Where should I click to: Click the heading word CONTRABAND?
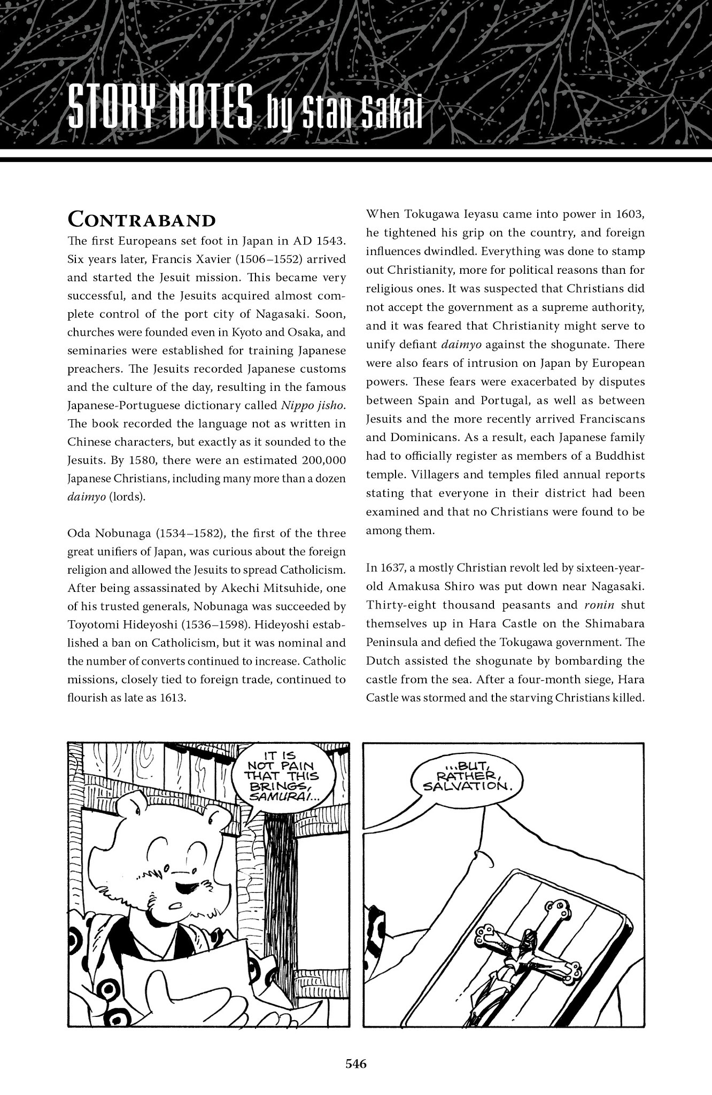142,220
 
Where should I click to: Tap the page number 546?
355,1064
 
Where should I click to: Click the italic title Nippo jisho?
314,405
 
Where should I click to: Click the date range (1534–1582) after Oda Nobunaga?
181,534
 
